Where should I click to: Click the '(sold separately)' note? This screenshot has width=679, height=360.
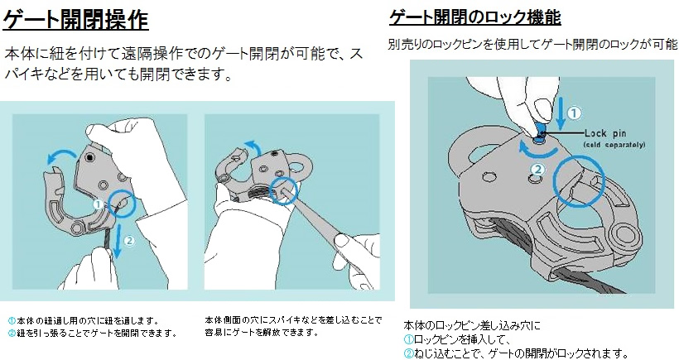click(x=614, y=145)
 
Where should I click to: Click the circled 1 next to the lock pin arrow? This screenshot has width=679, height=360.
click(x=572, y=113)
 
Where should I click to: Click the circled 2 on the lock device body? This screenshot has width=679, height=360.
click(x=537, y=170)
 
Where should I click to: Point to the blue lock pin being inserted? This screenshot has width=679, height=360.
click(x=539, y=127)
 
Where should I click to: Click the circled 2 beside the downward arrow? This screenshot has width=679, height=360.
click(x=129, y=242)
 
